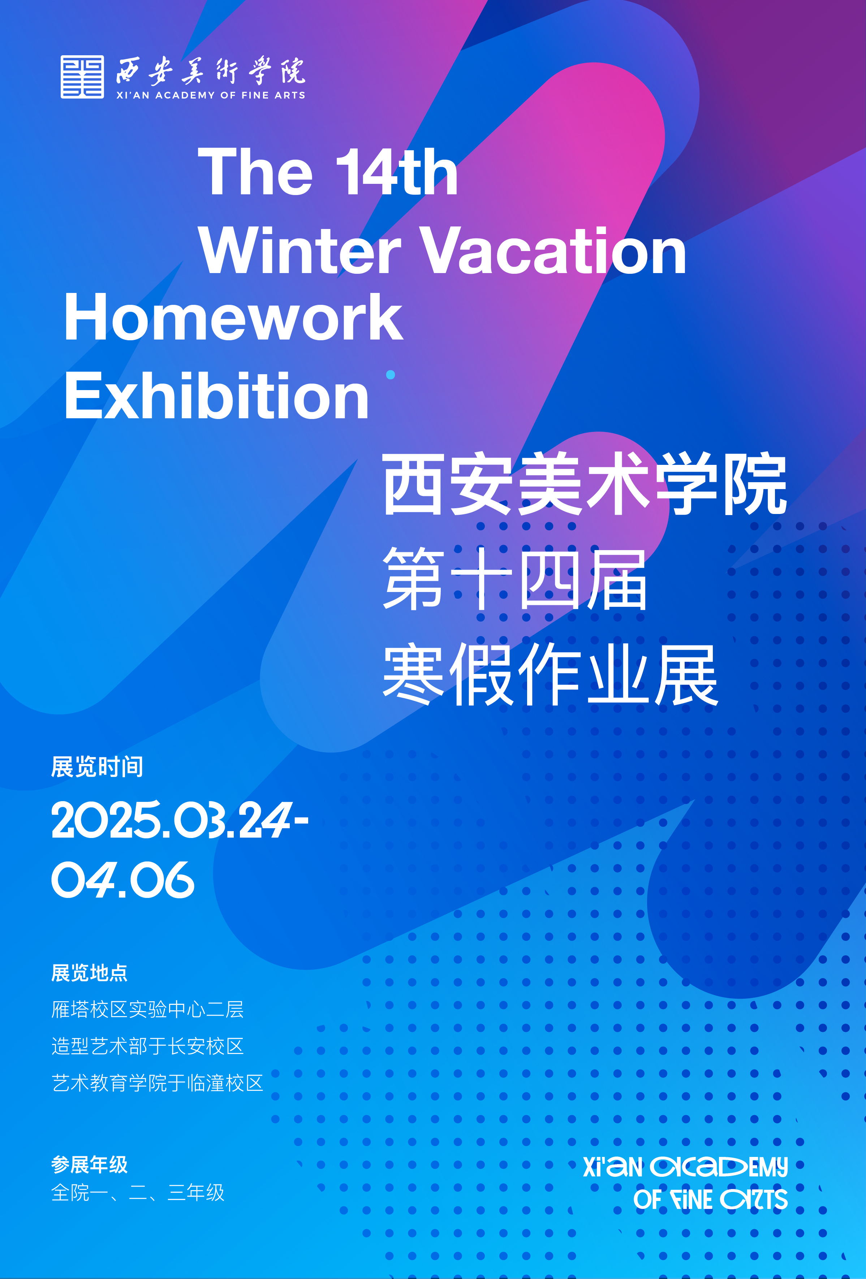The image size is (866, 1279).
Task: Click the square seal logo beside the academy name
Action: [x=82, y=77]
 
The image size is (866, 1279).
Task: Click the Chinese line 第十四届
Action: [x=515, y=579]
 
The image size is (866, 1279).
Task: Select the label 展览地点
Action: [x=89, y=973]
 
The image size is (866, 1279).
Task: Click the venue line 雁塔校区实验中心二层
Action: [x=147, y=1009]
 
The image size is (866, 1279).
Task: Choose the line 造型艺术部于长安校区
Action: [x=147, y=1046]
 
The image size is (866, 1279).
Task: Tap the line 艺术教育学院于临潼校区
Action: [x=158, y=1083]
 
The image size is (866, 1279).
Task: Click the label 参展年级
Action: [x=89, y=1165]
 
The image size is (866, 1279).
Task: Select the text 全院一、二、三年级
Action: [x=138, y=1193]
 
